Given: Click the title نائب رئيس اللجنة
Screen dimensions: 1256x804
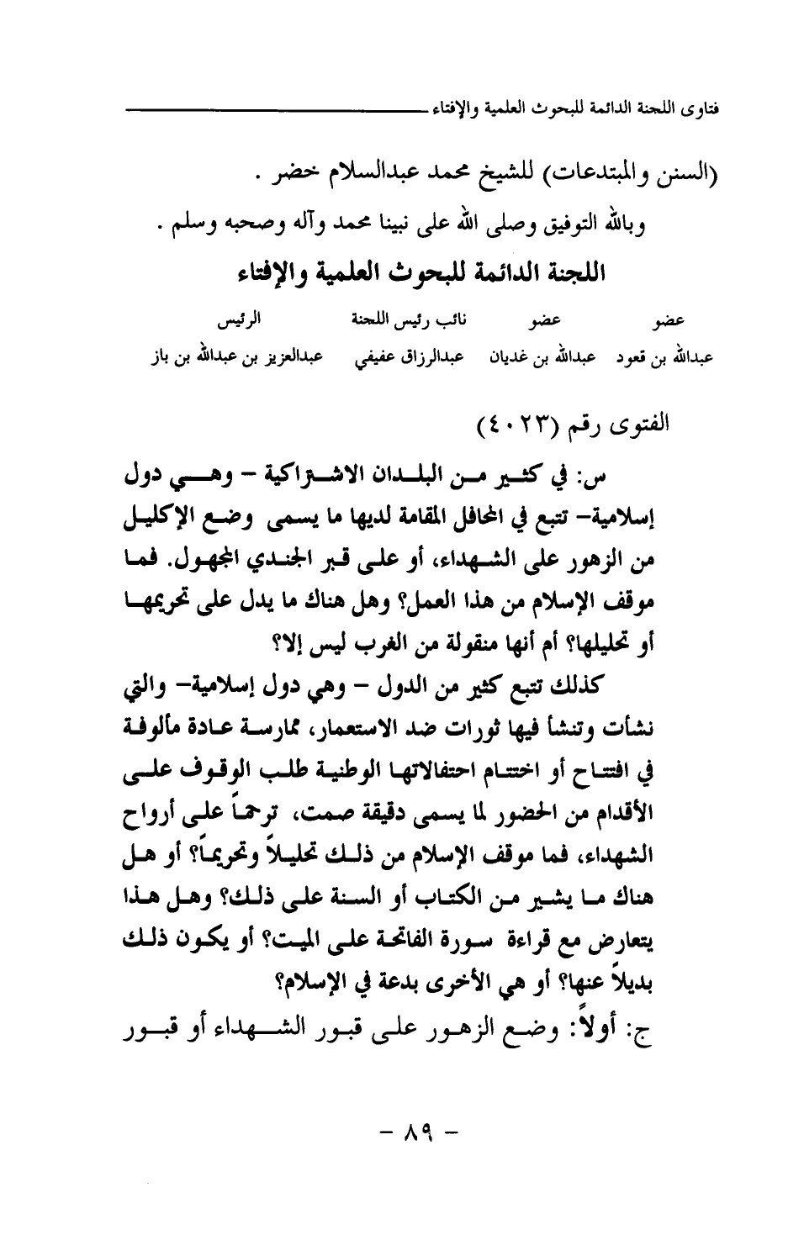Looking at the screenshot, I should pyautogui.click(x=391, y=319).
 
